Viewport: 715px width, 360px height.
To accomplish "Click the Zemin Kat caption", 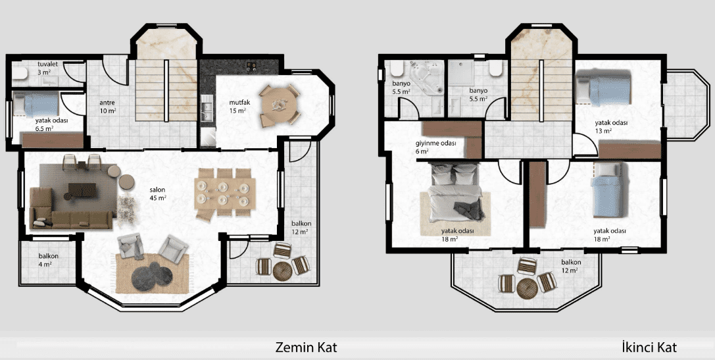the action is click(x=306, y=347).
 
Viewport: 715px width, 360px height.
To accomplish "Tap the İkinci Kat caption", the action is click(x=649, y=347).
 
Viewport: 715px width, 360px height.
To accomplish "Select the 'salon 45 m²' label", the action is click(x=158, y=193).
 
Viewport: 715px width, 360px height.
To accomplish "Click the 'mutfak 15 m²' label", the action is click(x=237, y=107).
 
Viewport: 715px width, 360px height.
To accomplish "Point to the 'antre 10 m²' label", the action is click(x=107, y=107).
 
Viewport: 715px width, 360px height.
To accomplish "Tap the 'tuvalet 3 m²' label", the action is click(x=47, y=67).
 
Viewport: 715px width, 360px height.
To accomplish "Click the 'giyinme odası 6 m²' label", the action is click(x=435, y=147).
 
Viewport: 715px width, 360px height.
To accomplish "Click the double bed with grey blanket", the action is click(x=456, y=192).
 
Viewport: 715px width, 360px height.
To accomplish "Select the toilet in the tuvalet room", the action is click(x=19, y=74).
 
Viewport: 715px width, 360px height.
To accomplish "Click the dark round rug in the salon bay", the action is click(x=152, y=276).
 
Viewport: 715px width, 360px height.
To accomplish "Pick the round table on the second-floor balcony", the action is click(x=527, y=288).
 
